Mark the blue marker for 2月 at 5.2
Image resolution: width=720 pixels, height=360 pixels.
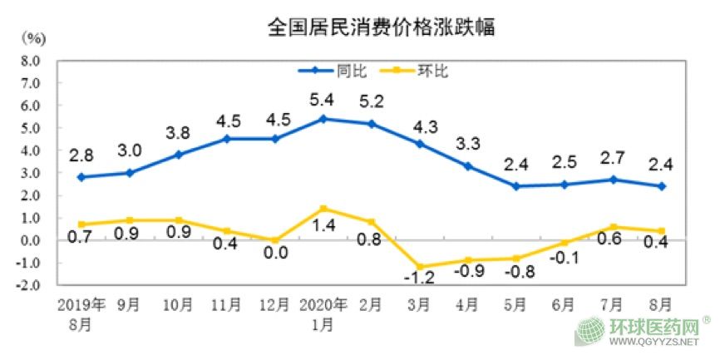[x=371, y=124]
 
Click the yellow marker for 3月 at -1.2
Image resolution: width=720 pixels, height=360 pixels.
[x=419, y=267]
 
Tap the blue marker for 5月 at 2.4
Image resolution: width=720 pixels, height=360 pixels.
[x=516, y=186]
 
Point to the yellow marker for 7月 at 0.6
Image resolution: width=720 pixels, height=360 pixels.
[x=614, y=227]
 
